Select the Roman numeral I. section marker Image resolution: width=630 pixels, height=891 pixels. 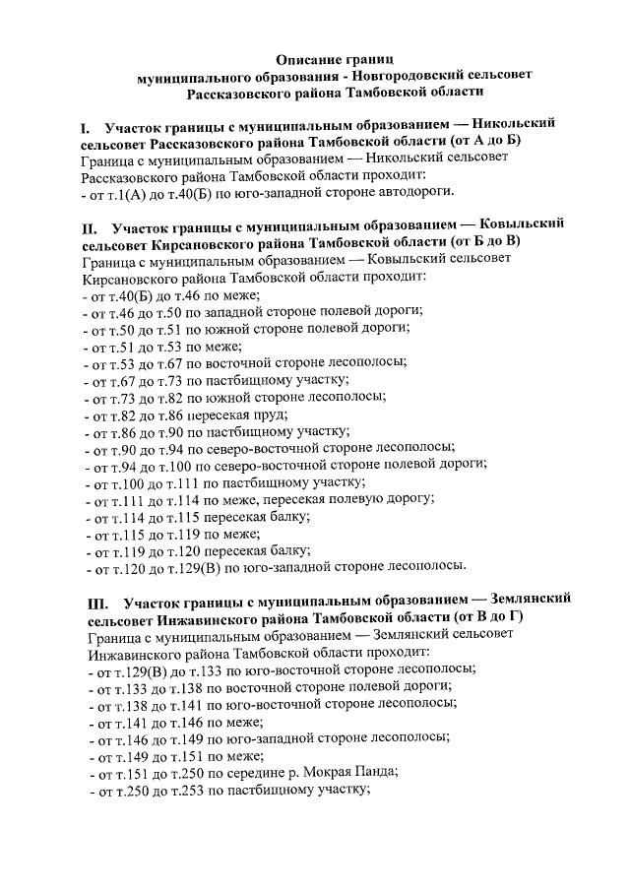[87, 126]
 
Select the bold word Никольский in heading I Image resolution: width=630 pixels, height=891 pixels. [513, 126]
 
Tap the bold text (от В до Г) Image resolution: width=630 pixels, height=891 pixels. [487, 617]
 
